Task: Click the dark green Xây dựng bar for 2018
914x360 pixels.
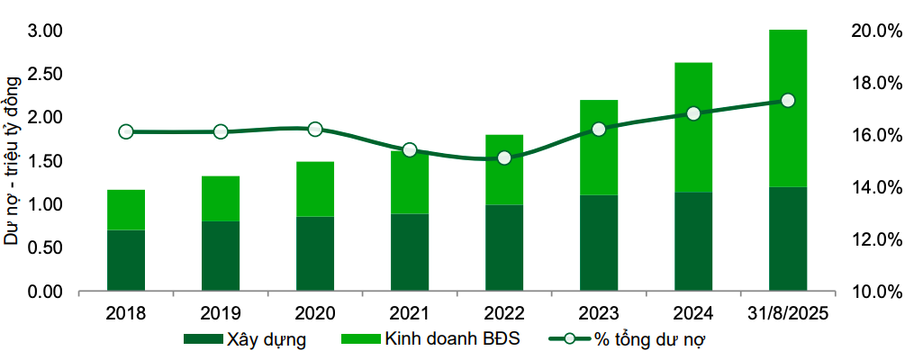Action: (x=126, y=261)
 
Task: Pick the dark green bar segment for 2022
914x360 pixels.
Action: (x=504, y=248)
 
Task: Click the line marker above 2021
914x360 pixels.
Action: (x=410, y=150)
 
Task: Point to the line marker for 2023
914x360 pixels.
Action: (x=599, y=129)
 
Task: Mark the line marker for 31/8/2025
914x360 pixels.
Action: (x=788, y=101)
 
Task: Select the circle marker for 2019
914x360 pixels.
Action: (x=221, y=131)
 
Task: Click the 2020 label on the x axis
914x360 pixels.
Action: (x=315, y=313)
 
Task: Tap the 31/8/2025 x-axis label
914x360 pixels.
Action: (x=788, y=313)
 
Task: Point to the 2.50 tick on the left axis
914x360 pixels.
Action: (x=44, y=74)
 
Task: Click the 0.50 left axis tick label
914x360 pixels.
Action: (x=44, y=248)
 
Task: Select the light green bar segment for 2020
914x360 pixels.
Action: (x=315, y=189)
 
